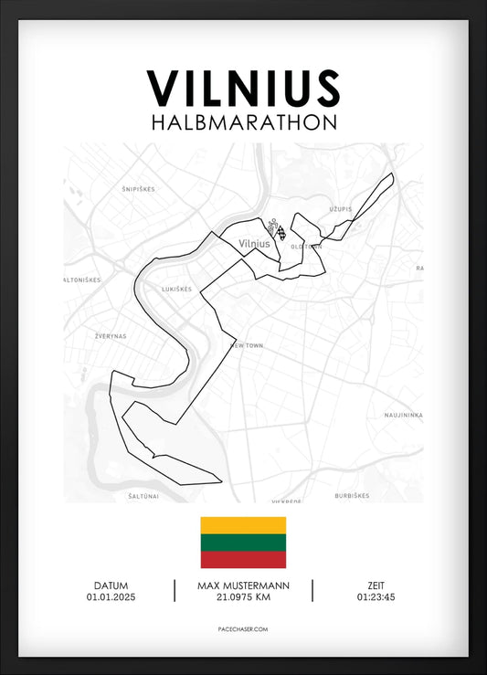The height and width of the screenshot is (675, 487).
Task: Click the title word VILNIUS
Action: pos(243,89)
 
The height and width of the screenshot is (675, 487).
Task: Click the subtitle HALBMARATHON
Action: pos(243,122)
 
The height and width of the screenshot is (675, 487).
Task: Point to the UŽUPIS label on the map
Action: pos(341,209)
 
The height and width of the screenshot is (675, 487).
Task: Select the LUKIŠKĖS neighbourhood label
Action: pos(175,289)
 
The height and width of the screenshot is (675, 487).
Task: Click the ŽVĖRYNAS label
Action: pos(111,336)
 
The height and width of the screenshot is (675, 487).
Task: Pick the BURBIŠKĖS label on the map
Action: pos(352,496)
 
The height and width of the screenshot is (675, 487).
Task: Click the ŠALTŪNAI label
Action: pos(143,496)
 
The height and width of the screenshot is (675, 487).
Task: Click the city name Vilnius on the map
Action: pos(253,244)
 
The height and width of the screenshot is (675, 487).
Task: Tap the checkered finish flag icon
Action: pos(281,229)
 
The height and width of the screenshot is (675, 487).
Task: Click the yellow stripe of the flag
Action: pos(243,525)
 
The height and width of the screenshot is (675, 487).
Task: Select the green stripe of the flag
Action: pos(243,543)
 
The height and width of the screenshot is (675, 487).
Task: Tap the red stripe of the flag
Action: pos(243,559)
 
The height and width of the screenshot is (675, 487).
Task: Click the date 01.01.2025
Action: pos(111,598)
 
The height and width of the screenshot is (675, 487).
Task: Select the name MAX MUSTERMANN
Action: pos(243,585)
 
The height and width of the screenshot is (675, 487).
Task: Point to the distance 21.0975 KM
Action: pos(243,598)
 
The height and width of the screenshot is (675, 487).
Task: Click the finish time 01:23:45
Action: pos(376,598)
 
